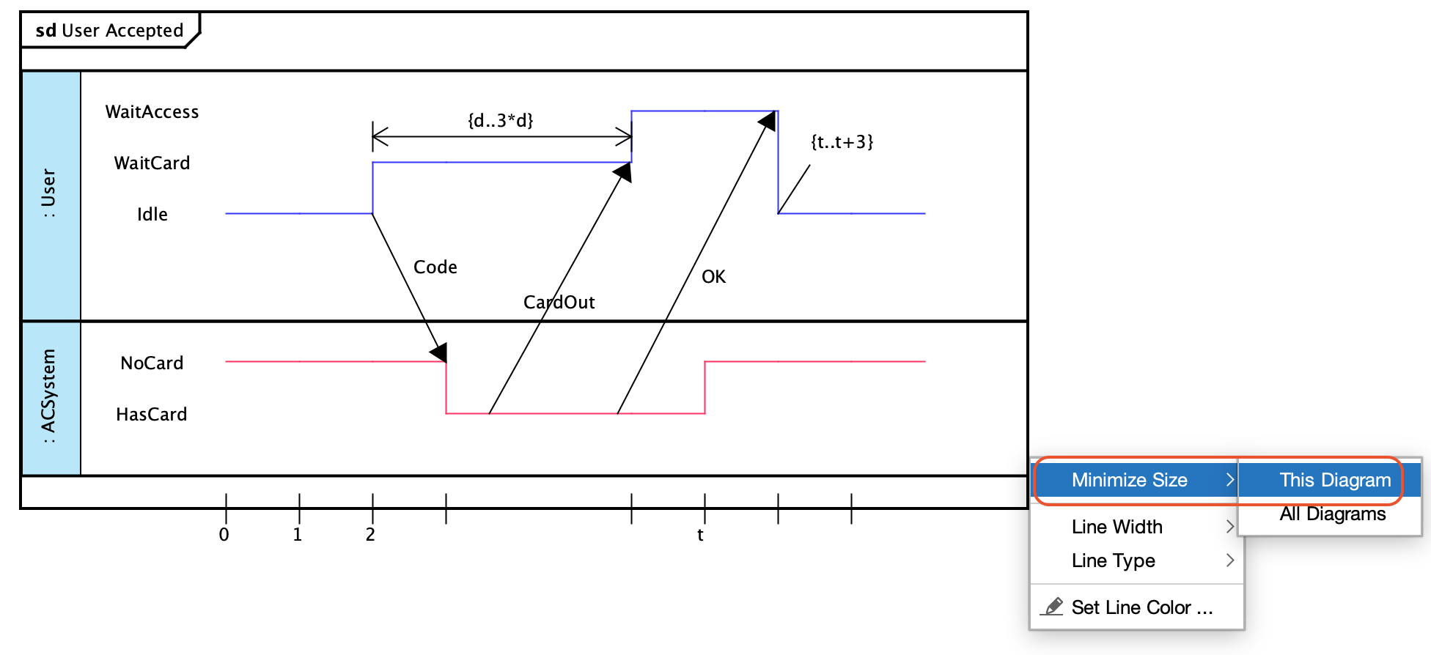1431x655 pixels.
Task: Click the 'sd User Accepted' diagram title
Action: pyautogui.click(x=109, y=31)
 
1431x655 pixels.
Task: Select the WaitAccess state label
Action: pyautogui.click(x=152, y=112)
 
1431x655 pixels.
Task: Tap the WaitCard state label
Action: pyautogui.click(x=152, y=163)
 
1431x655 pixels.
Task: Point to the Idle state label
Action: pyautogui.click(x=152, y=215)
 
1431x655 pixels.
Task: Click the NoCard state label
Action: pyautogui.click(x=152, y=363)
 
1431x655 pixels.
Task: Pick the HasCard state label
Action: pyautogui.click(x=152, y=415)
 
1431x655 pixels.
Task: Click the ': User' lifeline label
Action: pyautogui.click(x=49, y=193)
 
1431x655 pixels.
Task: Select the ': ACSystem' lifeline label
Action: pyautogui.click(x=49, y=396)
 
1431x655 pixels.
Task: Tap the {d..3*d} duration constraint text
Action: pyautogui.click(x=501, y=120)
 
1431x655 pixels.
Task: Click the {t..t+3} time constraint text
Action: pyautogui.click(x=842, y=142)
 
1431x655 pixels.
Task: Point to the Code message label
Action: pyautogui.click(x=435, y=267)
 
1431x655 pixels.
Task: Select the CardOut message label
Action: pyautogui.click(x=559, y=303)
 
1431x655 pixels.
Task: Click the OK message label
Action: pyautogui.click(x=713, y=277)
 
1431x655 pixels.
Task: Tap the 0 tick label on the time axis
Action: pyautogui.click(x=224, y=535)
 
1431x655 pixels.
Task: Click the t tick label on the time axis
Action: pyautogui.click(x=700, y=535)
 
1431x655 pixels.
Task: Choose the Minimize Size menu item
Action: pyautogui.click(x=1129, y=480)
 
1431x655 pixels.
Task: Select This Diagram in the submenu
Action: pyautogui.click(x=1334, y=480)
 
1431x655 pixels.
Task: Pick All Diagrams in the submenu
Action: pyautogui.click(x=1332, y=514)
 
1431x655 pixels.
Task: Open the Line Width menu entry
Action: pyautogui.click(x=1117, y=527)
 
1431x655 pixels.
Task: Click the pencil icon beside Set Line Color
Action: pyautogui.click(x=1053, y=607)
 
